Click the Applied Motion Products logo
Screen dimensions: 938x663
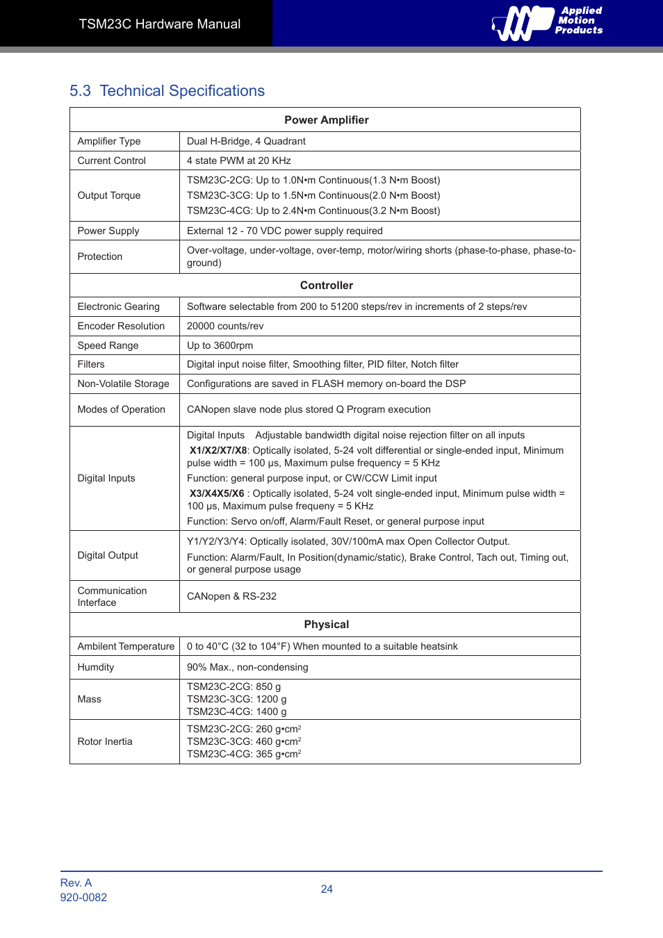(x=547, y=22)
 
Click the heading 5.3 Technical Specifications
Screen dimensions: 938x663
(x=167, y=91)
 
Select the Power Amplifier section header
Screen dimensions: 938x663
(x=326, y=120)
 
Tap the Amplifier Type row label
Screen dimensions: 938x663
(x=109, y=141)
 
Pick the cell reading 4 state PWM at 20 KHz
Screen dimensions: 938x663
(x=238, y=161)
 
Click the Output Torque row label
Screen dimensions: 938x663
(x=109, y=195)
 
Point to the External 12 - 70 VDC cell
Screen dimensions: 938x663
(x=284, y=231)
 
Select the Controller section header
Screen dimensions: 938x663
(x=326, y=286)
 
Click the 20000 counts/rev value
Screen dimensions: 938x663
(x=225, y=326)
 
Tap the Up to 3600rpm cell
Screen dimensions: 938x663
(x=220, y=345)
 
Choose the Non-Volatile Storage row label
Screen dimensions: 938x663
(x=123, y=384)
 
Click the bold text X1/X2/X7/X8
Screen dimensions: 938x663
(x=218, y=450)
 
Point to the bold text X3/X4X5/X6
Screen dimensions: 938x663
(x=217, y=493)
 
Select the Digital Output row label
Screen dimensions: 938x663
(x=108, y=555)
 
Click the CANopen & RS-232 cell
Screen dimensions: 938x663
(x=231, y=596)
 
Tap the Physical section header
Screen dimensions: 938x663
(x=326, y=625)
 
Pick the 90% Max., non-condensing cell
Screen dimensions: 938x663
(x=247, y=667)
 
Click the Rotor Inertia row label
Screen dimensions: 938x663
(x=105, y=741)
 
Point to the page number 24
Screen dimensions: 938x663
(x=327, y=889)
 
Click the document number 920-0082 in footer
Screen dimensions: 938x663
(x=83, y=897)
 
